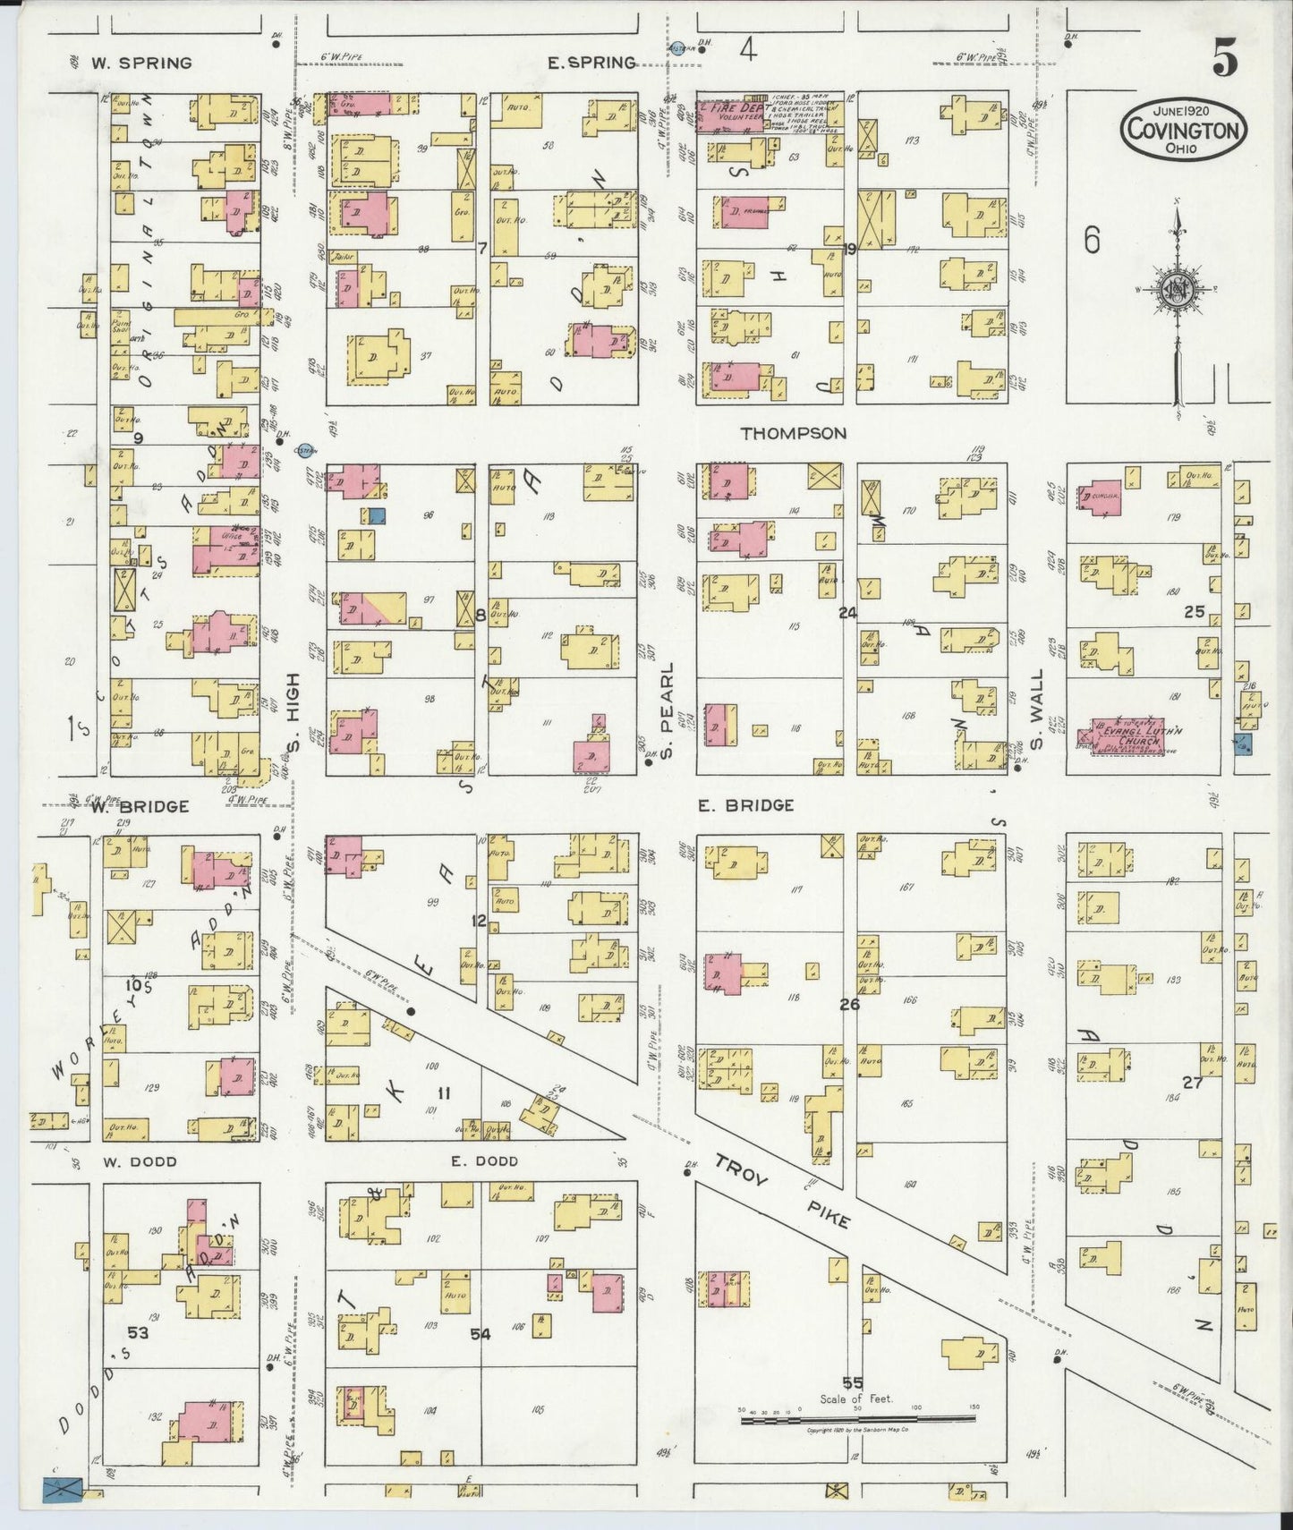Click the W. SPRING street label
[140, 63]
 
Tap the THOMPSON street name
[793, 433]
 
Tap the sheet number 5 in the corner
[1225, 60]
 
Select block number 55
[853, 1383]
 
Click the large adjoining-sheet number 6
[1090, 240]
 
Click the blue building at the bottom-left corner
[62, 1488]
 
